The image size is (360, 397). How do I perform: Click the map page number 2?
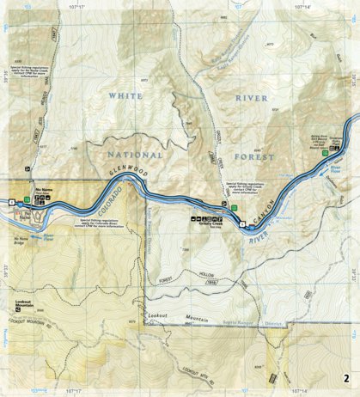click(x=345, y=378)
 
